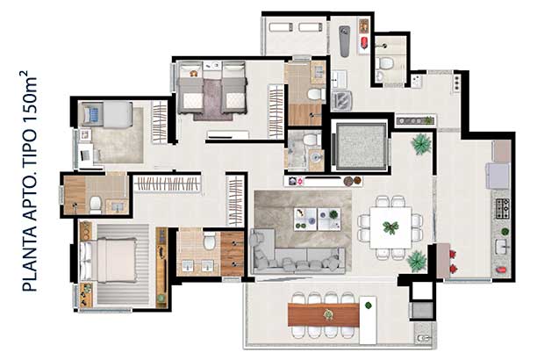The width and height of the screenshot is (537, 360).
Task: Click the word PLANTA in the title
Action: point(30,259)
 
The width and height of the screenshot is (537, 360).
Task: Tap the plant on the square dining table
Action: point(390,227)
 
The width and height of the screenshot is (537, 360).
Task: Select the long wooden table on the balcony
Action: point(324,314)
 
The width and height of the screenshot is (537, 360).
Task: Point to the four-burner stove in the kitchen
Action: point(503,208)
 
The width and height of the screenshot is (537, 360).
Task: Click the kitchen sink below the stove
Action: point(502,246)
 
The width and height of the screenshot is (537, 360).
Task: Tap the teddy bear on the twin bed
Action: point(194,74)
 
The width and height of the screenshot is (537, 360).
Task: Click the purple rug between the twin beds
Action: point(213,99)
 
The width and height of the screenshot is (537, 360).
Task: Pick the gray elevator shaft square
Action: point(361,147)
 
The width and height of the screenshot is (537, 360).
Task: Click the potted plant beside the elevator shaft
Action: point(421,144)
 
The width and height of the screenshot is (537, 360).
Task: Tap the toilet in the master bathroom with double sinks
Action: point(209,241)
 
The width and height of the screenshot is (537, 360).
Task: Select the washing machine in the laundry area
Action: point(341,100)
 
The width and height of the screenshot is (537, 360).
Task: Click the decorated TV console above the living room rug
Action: point(323,181)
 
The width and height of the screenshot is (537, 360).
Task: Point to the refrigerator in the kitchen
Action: point(498,176)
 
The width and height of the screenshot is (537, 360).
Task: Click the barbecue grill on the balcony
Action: point(422,310)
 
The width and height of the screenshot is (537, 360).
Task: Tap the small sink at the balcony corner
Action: point(424,338)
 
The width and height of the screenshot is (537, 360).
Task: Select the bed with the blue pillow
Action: point(105,114)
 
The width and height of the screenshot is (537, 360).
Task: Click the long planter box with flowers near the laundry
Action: point(415,120)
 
